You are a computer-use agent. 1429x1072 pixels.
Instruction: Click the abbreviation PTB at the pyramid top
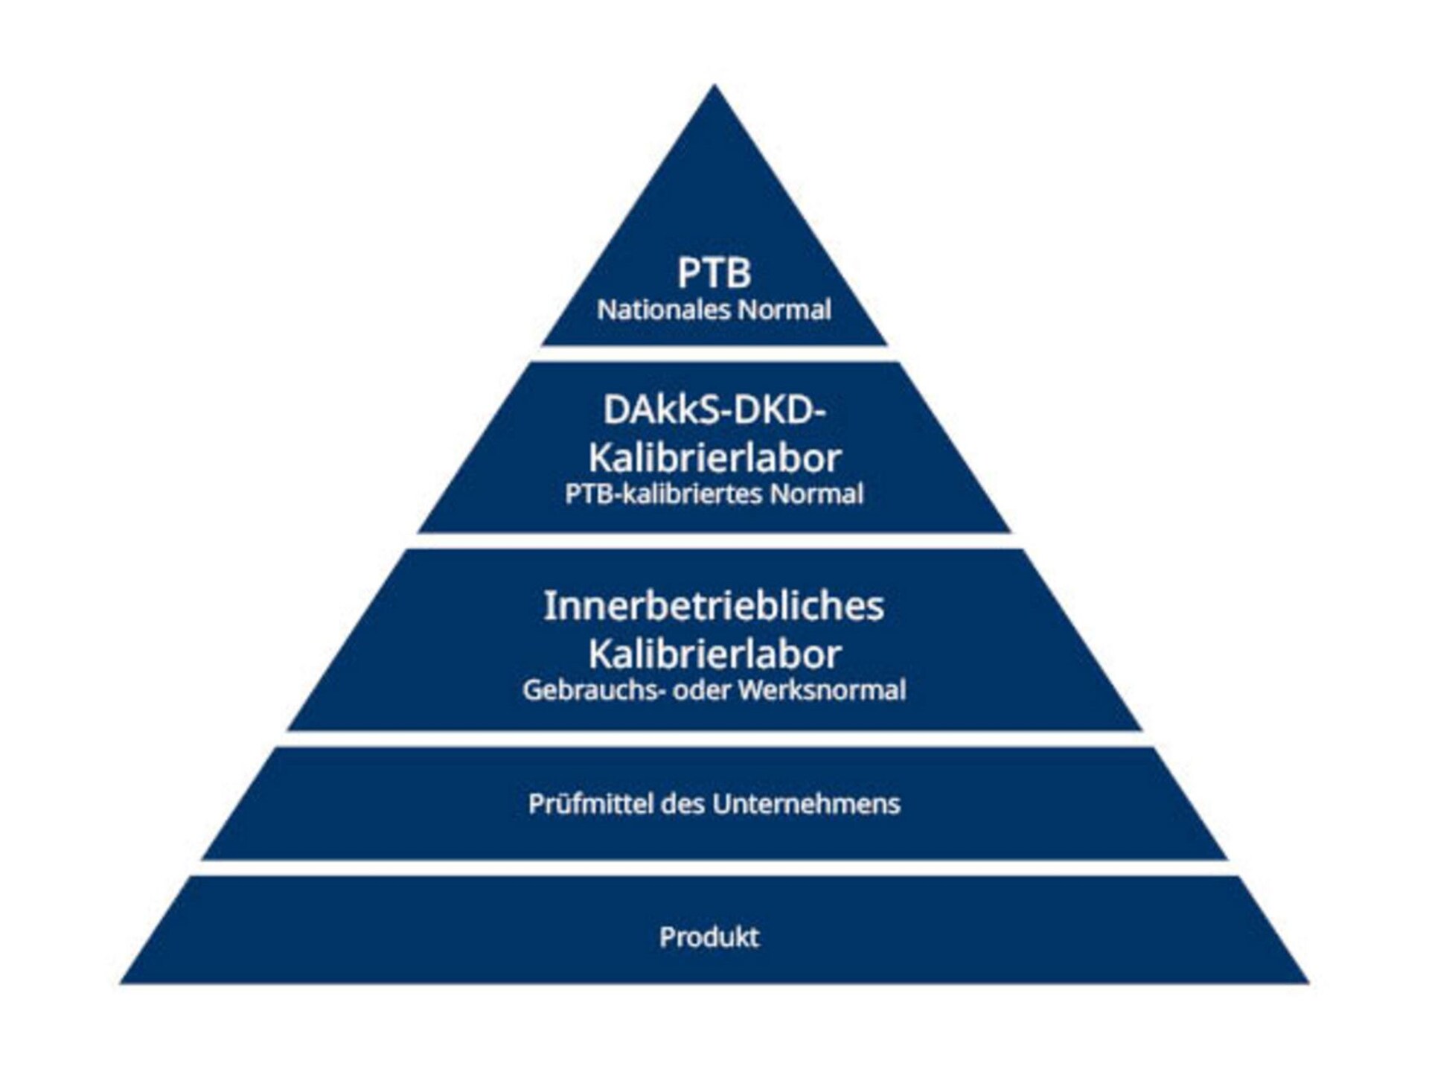[x=714, y=272]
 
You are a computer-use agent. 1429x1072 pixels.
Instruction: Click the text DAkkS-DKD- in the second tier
[x=714, y=410]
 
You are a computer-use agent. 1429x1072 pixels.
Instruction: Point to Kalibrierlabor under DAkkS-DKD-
[x=714, y=457]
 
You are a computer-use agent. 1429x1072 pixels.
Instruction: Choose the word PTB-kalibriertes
[x=664, y=494]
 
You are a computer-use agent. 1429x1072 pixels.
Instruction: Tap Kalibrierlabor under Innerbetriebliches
[x=714, y=654]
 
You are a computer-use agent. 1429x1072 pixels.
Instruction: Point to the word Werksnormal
[x=822, y=690]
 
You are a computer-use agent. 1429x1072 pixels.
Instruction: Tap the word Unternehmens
[x=806, y=804]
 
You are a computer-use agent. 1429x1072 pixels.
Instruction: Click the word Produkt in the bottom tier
[x=709, y=937]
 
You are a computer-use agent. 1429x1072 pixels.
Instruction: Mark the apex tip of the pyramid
[x=714, y=85]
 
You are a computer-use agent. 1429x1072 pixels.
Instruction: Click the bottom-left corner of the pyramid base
[x=121, y=983]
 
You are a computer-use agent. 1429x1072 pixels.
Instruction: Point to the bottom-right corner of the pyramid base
[x=1308, y=983]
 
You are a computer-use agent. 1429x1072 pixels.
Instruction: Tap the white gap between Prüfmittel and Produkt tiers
[x=714, y=868]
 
